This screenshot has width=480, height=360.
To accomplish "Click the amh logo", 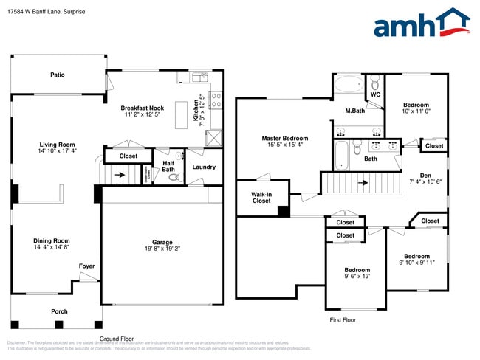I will [x=422, y=24].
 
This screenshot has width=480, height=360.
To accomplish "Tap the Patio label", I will [x=58, y=75].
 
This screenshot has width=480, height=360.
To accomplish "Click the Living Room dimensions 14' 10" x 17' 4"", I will [x=58, y=150].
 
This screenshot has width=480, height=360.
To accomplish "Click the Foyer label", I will [x=86, y=266].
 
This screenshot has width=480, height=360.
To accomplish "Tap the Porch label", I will [x=59, y=311].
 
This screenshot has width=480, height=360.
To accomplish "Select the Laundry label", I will [x=204, y=167].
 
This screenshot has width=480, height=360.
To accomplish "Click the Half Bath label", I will [x=168, y=167].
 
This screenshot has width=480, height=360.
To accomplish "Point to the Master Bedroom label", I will [x=284, y=138].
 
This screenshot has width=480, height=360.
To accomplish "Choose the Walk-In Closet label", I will [x=261, y=197].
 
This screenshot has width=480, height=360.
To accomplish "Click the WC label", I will [x=375, y=94].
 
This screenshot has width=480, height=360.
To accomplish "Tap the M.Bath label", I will [x=355, y=111].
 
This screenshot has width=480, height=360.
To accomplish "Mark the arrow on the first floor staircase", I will [x=363, y=181].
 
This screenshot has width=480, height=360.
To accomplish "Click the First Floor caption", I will [x=342, y=320].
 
